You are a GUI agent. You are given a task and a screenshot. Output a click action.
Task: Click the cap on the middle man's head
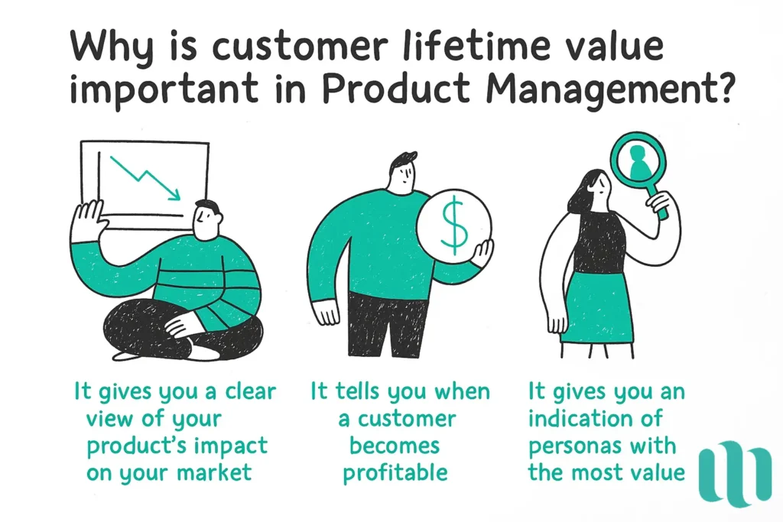point(403,161)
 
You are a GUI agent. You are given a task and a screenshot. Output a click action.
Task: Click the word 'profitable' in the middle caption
point(395,472)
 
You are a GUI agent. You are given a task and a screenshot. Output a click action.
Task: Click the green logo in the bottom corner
point(735,473)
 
